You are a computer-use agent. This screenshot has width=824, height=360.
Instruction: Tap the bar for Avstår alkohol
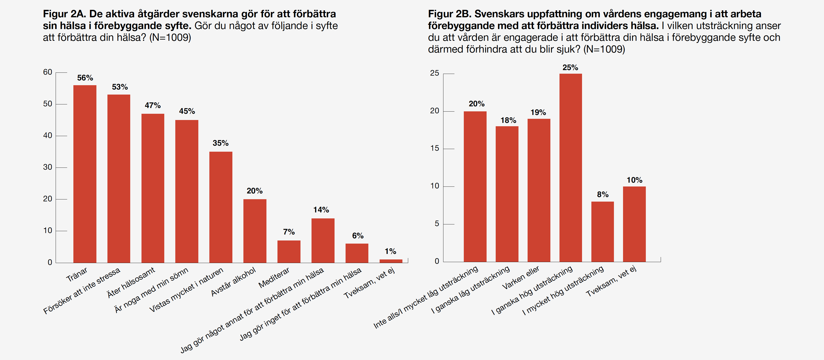(x=255, y=231)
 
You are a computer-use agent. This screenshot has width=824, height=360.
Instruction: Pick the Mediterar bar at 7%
(x=289, y=252)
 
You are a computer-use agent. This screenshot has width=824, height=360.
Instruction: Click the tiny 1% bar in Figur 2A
(x=391, y=261)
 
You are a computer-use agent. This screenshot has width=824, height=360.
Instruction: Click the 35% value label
(x=220, y=143)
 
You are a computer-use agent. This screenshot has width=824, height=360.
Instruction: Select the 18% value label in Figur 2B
(x=508, y=120)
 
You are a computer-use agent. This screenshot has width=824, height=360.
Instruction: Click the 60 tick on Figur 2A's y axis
(x=48, y=72)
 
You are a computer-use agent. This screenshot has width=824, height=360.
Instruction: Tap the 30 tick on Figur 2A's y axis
(x=48, y=167)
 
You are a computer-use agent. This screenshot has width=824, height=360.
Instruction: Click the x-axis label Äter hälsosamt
(x=131, y=282)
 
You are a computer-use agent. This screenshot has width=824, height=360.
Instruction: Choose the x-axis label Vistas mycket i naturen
(x=187, y=290)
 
